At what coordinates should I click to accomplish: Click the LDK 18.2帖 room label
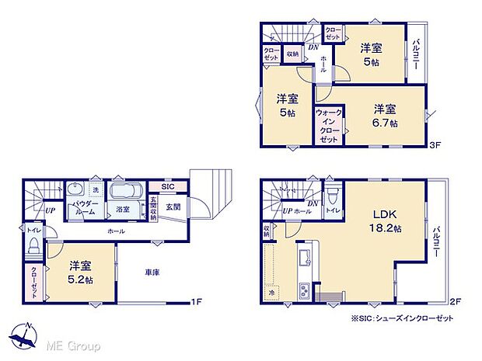coord(386,220)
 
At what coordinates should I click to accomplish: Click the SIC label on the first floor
coord(168,187)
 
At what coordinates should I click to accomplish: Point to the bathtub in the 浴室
coord(124,192)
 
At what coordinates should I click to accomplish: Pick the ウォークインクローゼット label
coord(329,126)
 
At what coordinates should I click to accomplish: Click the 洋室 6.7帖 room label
coord(384,115)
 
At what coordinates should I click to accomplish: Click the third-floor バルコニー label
coord(417,57)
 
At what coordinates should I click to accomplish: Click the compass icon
coord(24,335)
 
